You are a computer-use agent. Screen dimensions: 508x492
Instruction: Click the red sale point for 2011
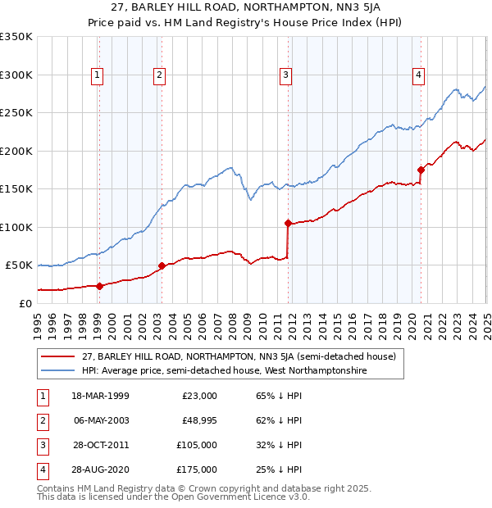(288, 223)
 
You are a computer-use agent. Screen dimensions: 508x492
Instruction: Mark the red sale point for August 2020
(421, 170)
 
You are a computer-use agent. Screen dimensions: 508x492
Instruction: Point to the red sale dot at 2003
(162, 265)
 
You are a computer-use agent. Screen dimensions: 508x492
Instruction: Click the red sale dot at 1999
(99, 286)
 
